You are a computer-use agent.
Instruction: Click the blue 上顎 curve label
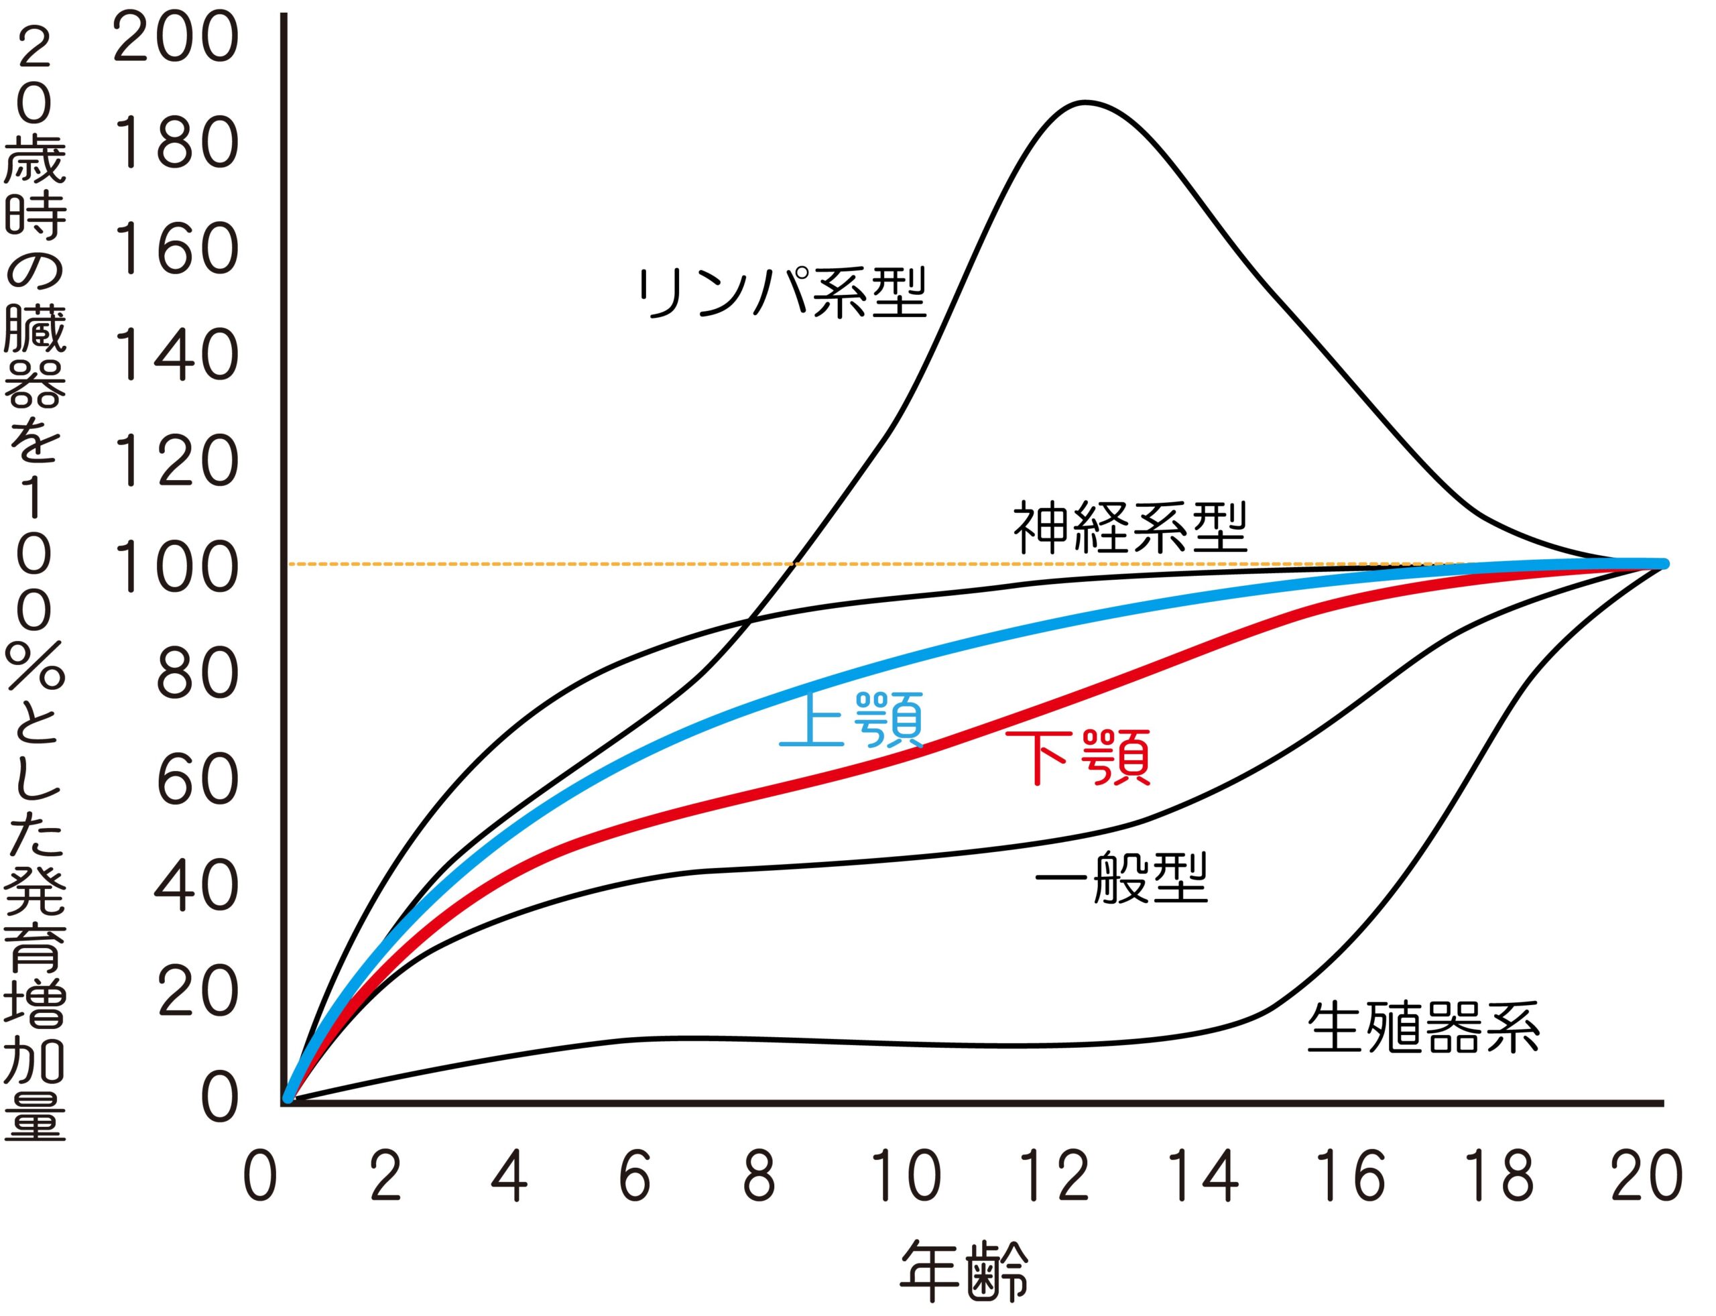click(x=852, y=720)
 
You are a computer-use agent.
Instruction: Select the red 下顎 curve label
click(x=1078, y=757)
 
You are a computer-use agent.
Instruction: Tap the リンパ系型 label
click(x=782, y=293)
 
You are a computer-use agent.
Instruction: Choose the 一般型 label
click(x=1121, y=878)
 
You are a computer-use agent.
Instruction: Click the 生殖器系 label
click(x=1423, y=1027)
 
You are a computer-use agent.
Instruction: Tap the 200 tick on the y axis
click(x=176, y=39)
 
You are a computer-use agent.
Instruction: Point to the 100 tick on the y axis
click(x=176, y=567)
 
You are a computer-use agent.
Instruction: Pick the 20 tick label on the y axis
click(x=196, y=992)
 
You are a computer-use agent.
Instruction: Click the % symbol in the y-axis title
click(x=36, y=666)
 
